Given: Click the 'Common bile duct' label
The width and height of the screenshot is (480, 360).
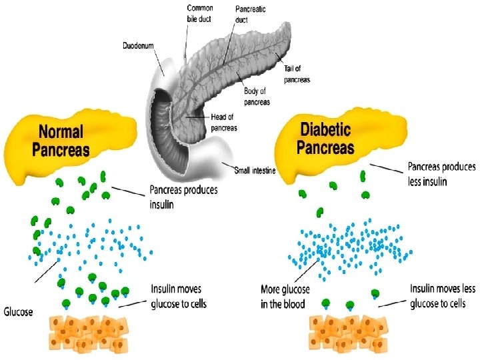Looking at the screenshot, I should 199,13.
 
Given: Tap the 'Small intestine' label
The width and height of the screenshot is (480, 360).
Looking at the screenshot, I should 255,171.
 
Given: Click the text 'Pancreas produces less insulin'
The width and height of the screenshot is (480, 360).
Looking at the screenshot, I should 441,173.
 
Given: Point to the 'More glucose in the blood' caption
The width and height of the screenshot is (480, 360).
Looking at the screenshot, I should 284,297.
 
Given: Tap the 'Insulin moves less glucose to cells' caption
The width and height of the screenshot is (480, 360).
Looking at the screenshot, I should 442,296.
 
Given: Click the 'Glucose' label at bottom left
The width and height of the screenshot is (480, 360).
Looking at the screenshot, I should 19,311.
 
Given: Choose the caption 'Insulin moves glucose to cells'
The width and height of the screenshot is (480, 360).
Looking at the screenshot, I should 179,297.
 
